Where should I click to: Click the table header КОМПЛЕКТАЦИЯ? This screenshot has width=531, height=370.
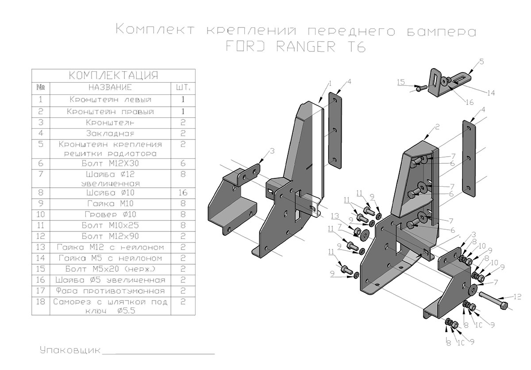[x=114, y=75]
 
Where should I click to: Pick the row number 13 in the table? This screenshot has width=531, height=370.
[x=41, y=247]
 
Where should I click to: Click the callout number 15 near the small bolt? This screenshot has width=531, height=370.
[x=401, y=82]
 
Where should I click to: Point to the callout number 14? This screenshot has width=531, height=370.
[x=491, y=93]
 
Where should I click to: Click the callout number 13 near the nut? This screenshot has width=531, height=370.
[x=336, y=216]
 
